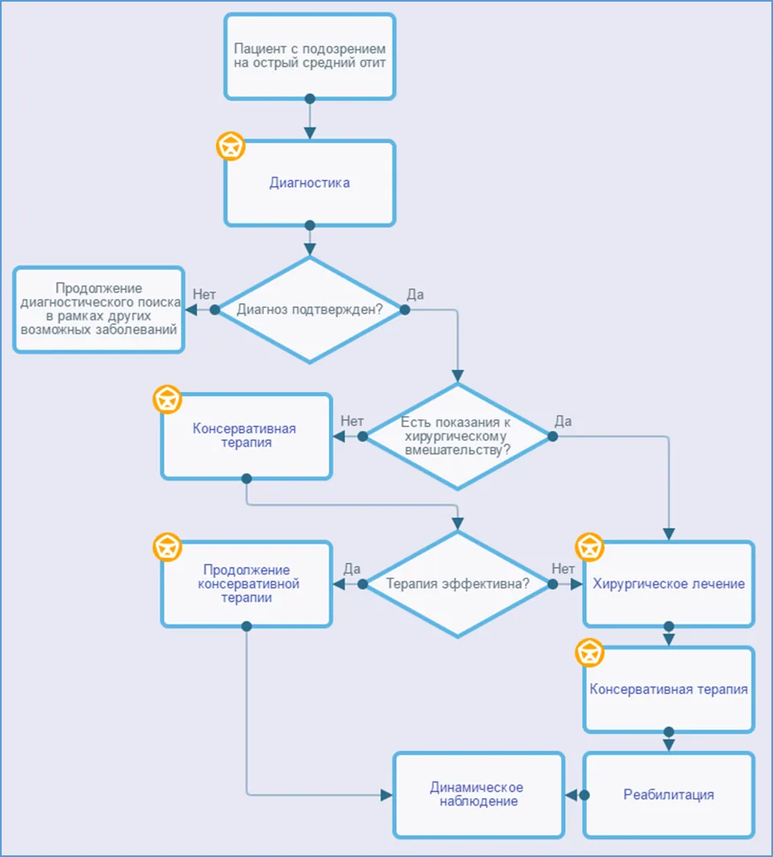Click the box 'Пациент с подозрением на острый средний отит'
coord(310,56)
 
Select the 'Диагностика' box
coord(310,183)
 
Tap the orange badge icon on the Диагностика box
coord(231,146)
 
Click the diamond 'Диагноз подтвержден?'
coord(310,310)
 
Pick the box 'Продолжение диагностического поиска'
coord(99,310)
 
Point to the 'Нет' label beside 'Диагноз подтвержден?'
coord(204,295)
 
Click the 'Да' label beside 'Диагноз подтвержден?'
coord(415,295)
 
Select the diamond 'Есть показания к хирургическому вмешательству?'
coord(457,436)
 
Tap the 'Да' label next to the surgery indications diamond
coord(563,421)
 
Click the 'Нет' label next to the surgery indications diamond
coord(352,421)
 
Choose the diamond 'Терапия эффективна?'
coord(457,584)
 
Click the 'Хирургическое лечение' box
coord(668,584)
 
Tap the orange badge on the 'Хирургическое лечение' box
coord(590,547)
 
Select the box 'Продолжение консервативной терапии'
coord(247,584)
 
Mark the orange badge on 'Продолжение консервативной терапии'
coord(167,547)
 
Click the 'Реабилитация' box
coord(668,795)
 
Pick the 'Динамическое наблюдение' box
coord(478,795)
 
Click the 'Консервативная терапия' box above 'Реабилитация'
coord(668,689)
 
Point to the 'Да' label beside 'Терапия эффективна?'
coord(352,569)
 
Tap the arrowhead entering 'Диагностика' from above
coord(310,133)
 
